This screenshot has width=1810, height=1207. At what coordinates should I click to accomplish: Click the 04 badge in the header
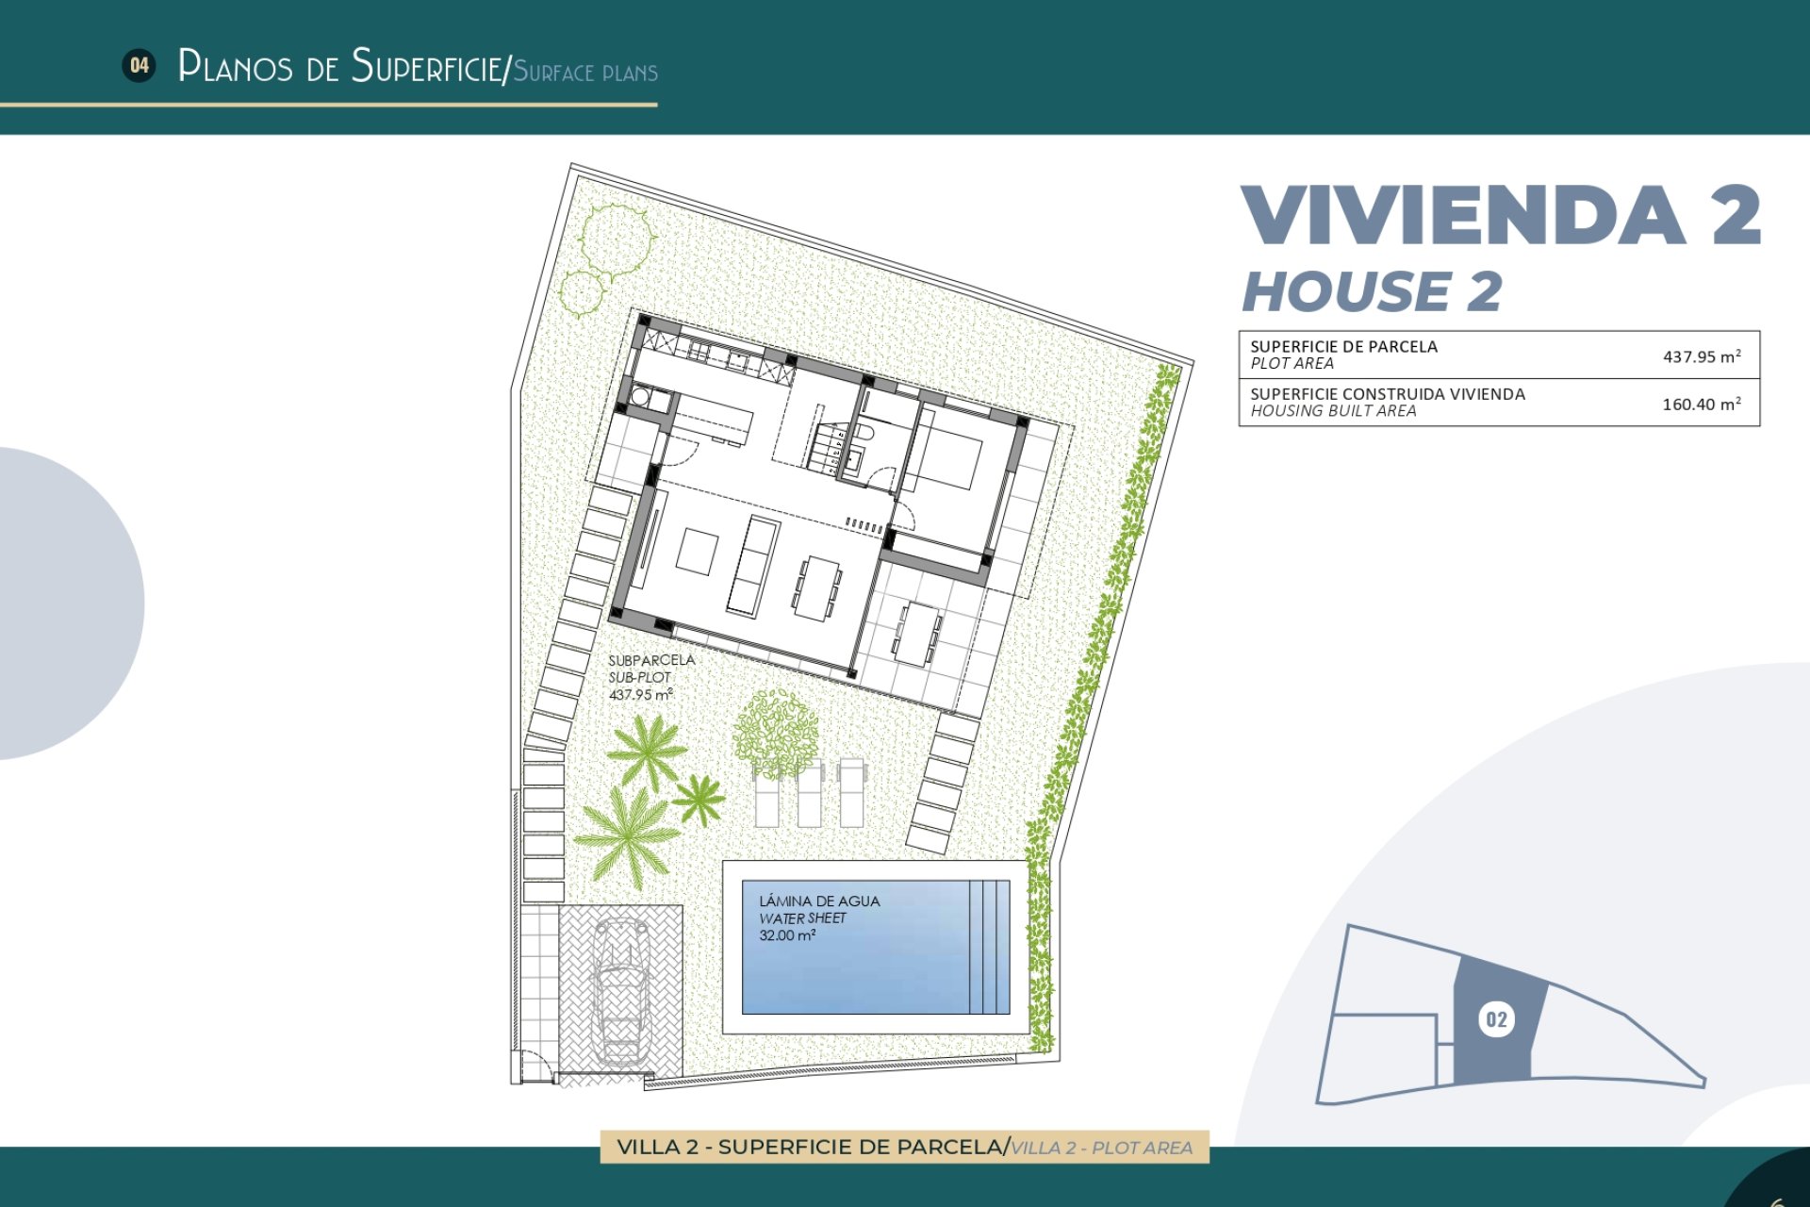coord(140,65)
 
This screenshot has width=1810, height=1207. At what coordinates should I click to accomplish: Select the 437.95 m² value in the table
coord(1701,356)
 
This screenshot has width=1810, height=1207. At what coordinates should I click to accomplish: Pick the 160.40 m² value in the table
coord(1701,404)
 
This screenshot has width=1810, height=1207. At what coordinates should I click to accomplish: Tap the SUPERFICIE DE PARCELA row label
coord(1343,346)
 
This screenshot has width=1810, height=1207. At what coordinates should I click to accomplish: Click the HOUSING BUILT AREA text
coord(1333,411)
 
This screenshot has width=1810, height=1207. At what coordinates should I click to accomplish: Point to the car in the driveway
coord(620,990)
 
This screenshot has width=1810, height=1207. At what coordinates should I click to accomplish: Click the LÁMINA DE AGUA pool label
coord(819,901)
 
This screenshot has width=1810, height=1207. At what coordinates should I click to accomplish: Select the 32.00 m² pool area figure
coord(787,935)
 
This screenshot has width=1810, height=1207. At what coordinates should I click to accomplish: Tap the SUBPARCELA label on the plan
coord(651,660)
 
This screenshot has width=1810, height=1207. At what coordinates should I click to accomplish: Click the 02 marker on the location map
coord(1496,1019)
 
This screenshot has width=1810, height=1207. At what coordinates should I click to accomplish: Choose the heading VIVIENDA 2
coord(1500,216)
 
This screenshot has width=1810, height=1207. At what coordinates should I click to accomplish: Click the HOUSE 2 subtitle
coord(1372,291)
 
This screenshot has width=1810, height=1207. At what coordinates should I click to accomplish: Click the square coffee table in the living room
coord(697,552)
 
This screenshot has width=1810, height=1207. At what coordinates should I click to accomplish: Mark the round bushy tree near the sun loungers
coord(776,734)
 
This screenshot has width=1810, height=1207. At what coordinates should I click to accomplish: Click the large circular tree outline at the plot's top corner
coord(616,239)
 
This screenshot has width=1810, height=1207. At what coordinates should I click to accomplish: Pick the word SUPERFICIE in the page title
coord(427,67)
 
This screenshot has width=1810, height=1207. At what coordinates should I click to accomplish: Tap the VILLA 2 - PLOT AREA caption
coord(1101,1148)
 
